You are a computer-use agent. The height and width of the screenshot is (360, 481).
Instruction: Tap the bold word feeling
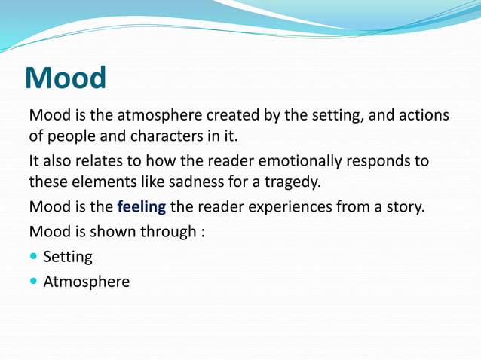[141, 207]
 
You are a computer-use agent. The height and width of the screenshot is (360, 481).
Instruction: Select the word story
[407, 207]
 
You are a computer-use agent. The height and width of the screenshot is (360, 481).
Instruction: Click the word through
[168, 231]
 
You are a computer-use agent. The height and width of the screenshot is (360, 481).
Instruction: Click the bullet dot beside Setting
[33, 257]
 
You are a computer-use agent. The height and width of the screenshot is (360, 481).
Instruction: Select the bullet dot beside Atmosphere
[33, 282]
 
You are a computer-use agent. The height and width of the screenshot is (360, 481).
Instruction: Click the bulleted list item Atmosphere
[86, 282]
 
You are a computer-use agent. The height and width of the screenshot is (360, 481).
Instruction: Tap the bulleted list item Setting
[68, 257]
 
